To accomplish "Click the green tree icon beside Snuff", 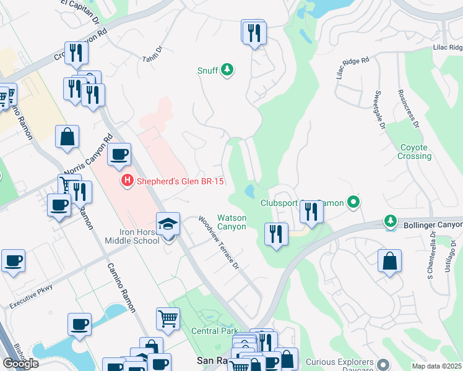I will pos(227,70).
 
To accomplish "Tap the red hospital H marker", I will pos(127,181).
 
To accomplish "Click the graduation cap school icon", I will pos(168,226).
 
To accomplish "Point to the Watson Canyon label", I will pos(231,222).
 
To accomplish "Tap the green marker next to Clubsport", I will pos(353,202).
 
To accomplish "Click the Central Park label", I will pos(214,331).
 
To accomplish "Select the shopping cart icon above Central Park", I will pos(168,319).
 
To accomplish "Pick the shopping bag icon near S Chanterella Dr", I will pos(389,261).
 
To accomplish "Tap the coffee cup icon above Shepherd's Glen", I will pos(119,155).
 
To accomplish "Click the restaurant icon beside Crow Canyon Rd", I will pos(76,53).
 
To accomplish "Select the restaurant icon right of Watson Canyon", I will pos(275,234).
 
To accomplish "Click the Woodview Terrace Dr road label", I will pos(218,242).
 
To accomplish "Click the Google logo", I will pos(21,363).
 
